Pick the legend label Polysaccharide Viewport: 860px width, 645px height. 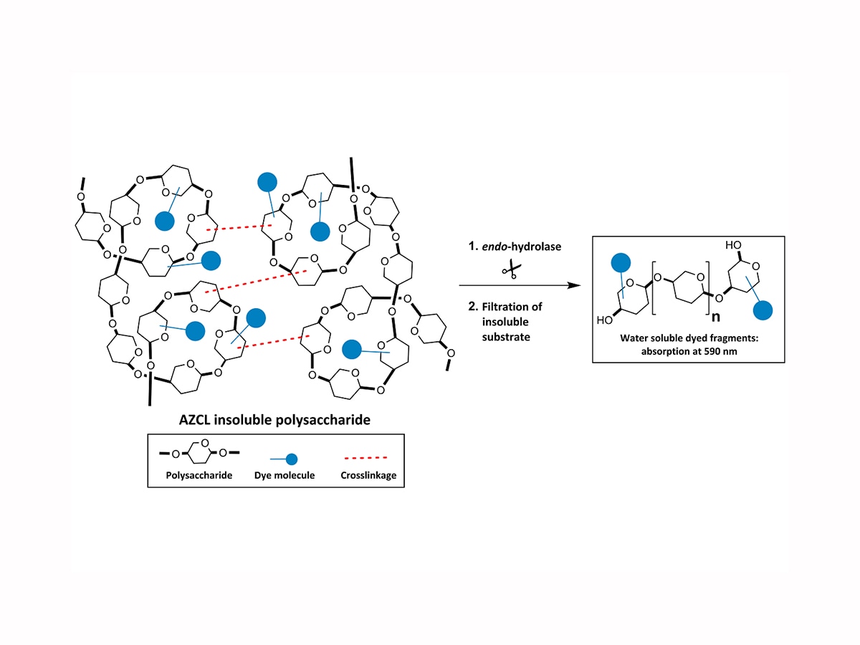tap(199, 475)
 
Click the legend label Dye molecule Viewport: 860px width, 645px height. tap(284, 475)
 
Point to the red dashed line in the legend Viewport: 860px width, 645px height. tap(363, 456)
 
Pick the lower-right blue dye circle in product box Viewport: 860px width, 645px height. tap(765, 310)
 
